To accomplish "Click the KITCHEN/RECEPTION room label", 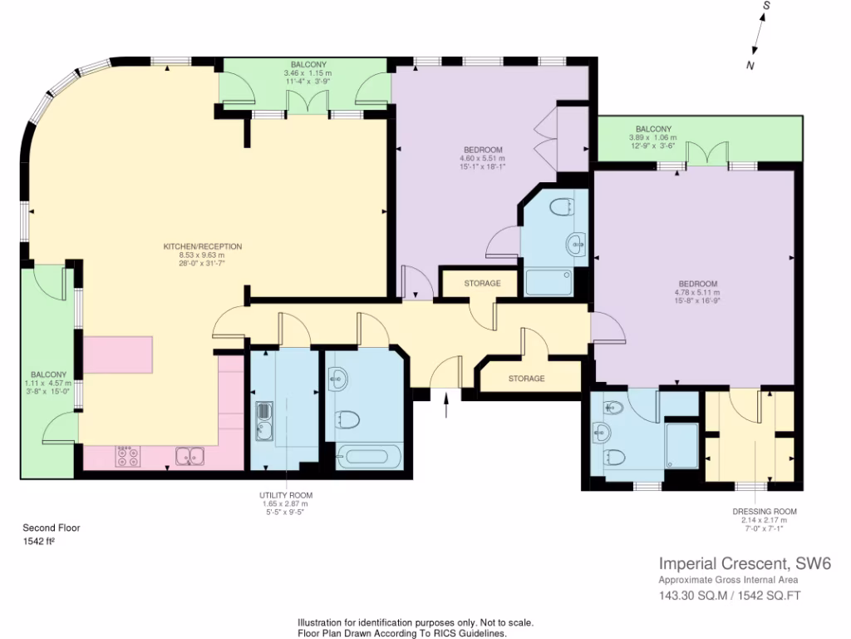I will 202,246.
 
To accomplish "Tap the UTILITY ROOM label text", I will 285,495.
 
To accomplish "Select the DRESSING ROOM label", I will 764,512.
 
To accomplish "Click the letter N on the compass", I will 750,66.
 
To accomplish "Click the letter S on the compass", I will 767,6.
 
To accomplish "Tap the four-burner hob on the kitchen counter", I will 127,455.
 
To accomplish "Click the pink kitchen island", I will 117,354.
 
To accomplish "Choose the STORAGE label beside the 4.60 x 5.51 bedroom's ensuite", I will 482,284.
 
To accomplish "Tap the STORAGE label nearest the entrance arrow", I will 526,379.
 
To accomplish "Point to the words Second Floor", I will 51,528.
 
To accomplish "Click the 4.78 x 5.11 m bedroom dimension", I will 696,293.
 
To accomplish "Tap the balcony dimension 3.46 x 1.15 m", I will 307,73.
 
